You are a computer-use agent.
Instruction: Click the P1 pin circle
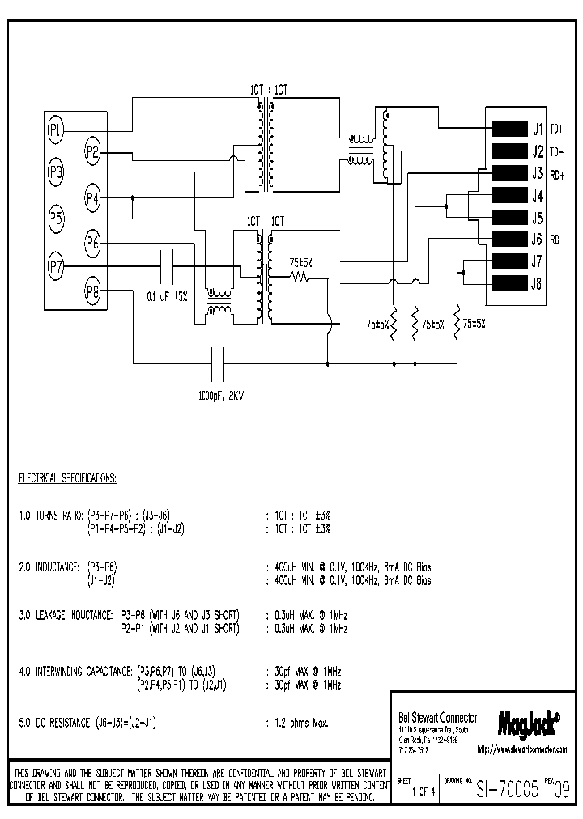[x=56, y=127]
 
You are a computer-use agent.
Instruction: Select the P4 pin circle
[x=93, y=197]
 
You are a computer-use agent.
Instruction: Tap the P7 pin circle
[x=56, y=265]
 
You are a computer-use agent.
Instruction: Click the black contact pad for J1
[x=509, y=129]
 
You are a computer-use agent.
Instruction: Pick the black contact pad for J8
[x=509, y=283]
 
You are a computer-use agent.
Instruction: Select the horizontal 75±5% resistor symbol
[x=301, y=278]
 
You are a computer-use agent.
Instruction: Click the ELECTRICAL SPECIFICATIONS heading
[x=68, y=478]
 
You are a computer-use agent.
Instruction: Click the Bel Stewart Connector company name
[x=438, y=718]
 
